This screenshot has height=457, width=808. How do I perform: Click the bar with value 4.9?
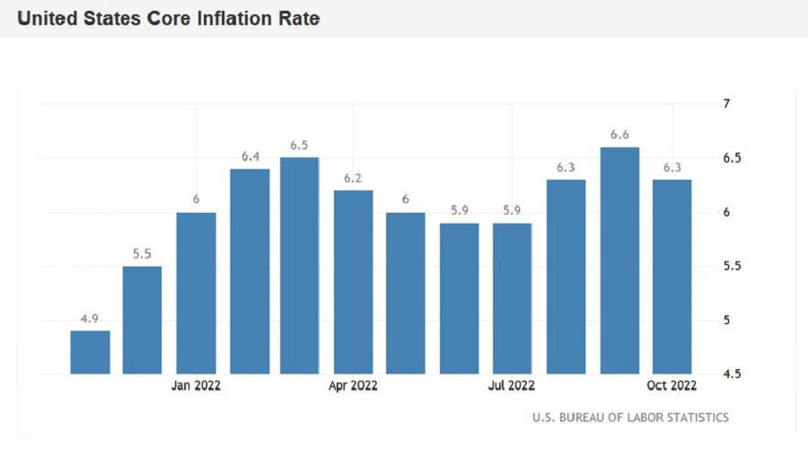pyautogui.click(x=90, y=352)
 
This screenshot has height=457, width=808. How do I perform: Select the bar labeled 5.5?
pyautogui.click(x=142, y=320)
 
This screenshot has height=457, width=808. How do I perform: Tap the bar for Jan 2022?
pyautogui.click(x=196, y=293)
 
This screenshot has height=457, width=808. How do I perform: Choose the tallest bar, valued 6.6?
pyautogui.click(x=619, y=260)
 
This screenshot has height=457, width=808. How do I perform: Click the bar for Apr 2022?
pyautogui.click(x=353, y=282)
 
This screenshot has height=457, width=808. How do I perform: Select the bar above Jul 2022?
pyautogui.click(x=512, y=298)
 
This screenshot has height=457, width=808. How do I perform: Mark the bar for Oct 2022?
pyautogui.click(x=672, y=277)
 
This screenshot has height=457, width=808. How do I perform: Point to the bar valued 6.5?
pyautogui.click(x=300, y=266)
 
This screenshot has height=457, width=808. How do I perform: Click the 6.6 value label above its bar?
pyautogui.click(x=619, y=135)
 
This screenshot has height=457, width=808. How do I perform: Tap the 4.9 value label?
pyautogui.click(x=90, y=319)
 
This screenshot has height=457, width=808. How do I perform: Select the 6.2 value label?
pyautogui.click(x=353, y=178)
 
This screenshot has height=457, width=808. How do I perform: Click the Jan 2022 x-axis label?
pyautogui.click(x=196, y=386)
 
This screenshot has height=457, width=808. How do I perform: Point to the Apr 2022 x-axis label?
pyautogui.click(x=353, y=386)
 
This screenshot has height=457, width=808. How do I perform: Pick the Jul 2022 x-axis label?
pyautogui.click(x=512, y=386)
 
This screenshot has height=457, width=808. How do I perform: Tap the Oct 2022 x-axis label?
pyautogui.click(x=672, y=386)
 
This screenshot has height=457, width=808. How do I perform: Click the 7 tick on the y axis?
pyautogui.click(x=726, y=104)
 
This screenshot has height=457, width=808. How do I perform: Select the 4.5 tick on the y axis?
pyautogui.click(x=731, y=374)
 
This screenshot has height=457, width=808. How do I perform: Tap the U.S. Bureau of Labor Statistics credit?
pyautogui.click(x=630, y=417)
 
